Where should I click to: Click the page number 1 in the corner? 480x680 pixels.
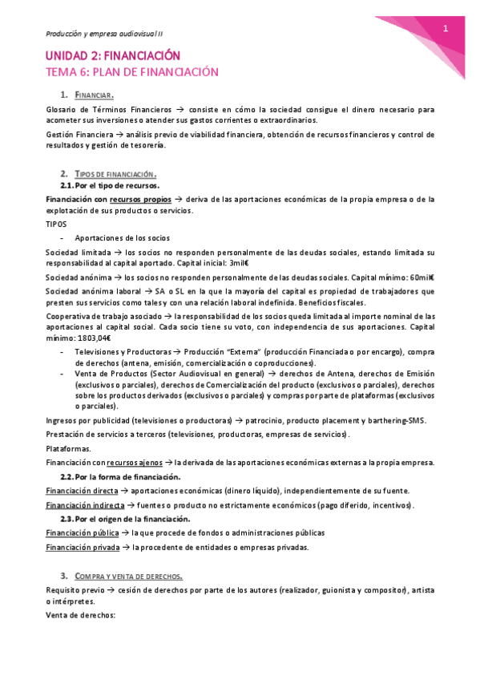(445, 29)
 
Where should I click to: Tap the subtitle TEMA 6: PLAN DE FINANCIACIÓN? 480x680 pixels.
(131, 72)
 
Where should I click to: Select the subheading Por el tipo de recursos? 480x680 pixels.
(128, 185)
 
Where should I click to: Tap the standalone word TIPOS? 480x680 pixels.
(57, 225)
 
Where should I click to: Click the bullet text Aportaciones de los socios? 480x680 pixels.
(122, 237)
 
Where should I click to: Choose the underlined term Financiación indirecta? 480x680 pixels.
(85, 505)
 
